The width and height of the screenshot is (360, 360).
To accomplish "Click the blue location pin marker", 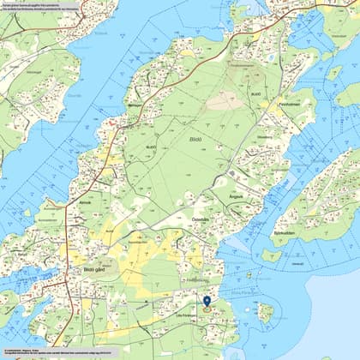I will (x=207, y=302).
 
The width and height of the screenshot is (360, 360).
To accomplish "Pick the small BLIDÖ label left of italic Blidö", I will (x=151, y=147).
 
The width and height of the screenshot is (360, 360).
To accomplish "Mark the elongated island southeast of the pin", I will (x=265, y=312).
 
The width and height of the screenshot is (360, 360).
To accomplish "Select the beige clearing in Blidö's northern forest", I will (x=225, y=101).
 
